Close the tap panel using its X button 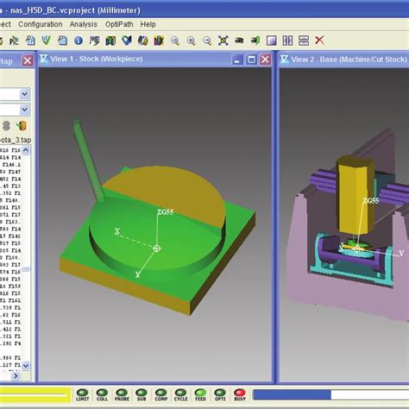(28, 60)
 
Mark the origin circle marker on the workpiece (156, 249)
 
